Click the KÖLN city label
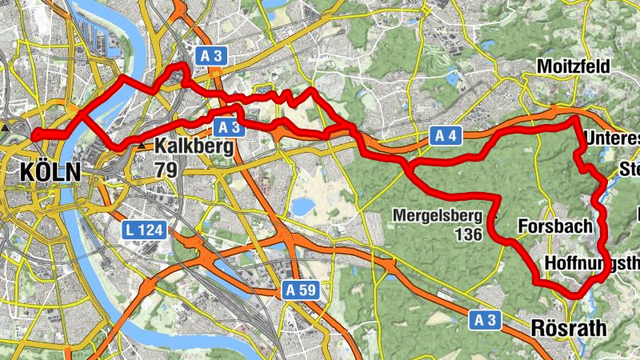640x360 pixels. click(x=49, y=171)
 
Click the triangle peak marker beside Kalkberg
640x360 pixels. click(x=142, y=147)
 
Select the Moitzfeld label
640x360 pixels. click(x=574, y=65)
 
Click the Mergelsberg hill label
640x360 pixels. click(x=438, y=214)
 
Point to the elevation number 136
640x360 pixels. click(x=466, y=234)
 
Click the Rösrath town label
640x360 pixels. click(x=569, y=328)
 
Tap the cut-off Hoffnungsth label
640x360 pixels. click(x=592, y=262)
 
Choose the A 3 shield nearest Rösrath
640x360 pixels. click(x=484, y=319)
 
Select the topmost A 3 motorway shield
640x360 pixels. click(x=210, y=55)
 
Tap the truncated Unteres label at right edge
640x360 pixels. click(x=612, y=139)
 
